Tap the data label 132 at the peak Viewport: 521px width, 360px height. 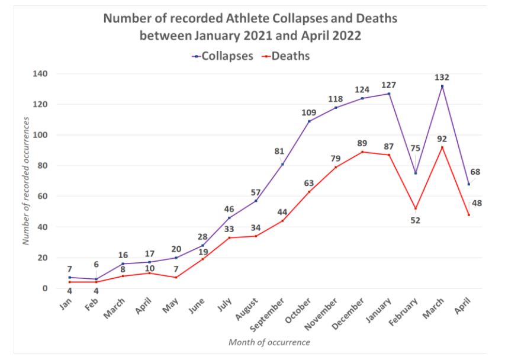click(442, 77)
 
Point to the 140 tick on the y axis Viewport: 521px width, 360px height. click(40, 74)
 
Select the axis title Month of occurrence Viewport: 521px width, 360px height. click(269, 342)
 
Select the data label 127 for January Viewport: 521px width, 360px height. click(388, 85)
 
